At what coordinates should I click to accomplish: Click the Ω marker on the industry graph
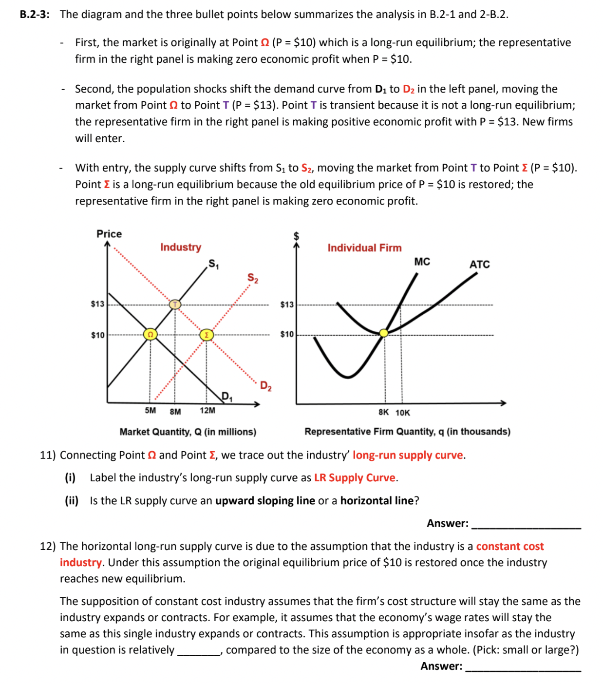(151, 335)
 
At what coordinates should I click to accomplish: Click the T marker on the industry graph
(175, 304)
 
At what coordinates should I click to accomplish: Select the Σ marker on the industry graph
(207, 335)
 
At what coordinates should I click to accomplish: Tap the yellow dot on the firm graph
(384, 333)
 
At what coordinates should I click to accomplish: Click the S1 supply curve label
(214, 264)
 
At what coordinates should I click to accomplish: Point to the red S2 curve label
(253, 278)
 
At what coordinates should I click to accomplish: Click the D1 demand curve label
(227, 396)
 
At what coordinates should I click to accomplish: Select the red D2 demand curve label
(265, 386)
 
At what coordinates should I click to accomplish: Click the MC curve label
(422, 262)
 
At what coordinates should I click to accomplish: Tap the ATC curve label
(479, 265)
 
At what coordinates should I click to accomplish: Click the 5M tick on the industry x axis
(151, 411)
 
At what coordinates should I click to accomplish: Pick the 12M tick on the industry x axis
(207, 411)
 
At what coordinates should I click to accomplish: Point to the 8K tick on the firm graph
(384, 413)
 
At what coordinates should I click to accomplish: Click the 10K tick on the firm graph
(403, 413)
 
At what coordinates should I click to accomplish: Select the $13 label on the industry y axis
(97, 304)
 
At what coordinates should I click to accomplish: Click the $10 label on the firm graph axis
(287, 334)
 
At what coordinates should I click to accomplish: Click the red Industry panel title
(181, 247)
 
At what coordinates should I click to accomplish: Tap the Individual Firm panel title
(364, 248)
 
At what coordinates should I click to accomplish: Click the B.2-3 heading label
(35, 15)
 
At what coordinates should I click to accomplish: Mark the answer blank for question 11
(526, 525)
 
